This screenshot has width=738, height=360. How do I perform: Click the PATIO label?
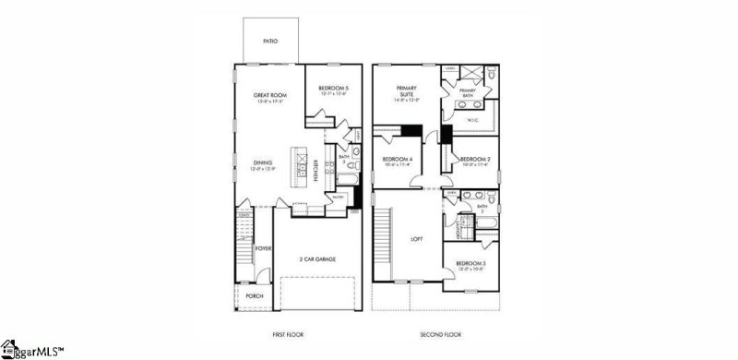268,41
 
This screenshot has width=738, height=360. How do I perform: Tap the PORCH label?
255,295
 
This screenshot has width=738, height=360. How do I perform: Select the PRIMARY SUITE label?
407,91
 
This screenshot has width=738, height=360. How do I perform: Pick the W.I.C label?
472,119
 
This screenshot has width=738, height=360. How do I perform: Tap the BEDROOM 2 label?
474,160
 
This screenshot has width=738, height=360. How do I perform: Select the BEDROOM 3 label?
470,265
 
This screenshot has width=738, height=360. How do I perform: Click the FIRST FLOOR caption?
289,333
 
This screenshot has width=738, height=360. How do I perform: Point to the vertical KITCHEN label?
316,172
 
